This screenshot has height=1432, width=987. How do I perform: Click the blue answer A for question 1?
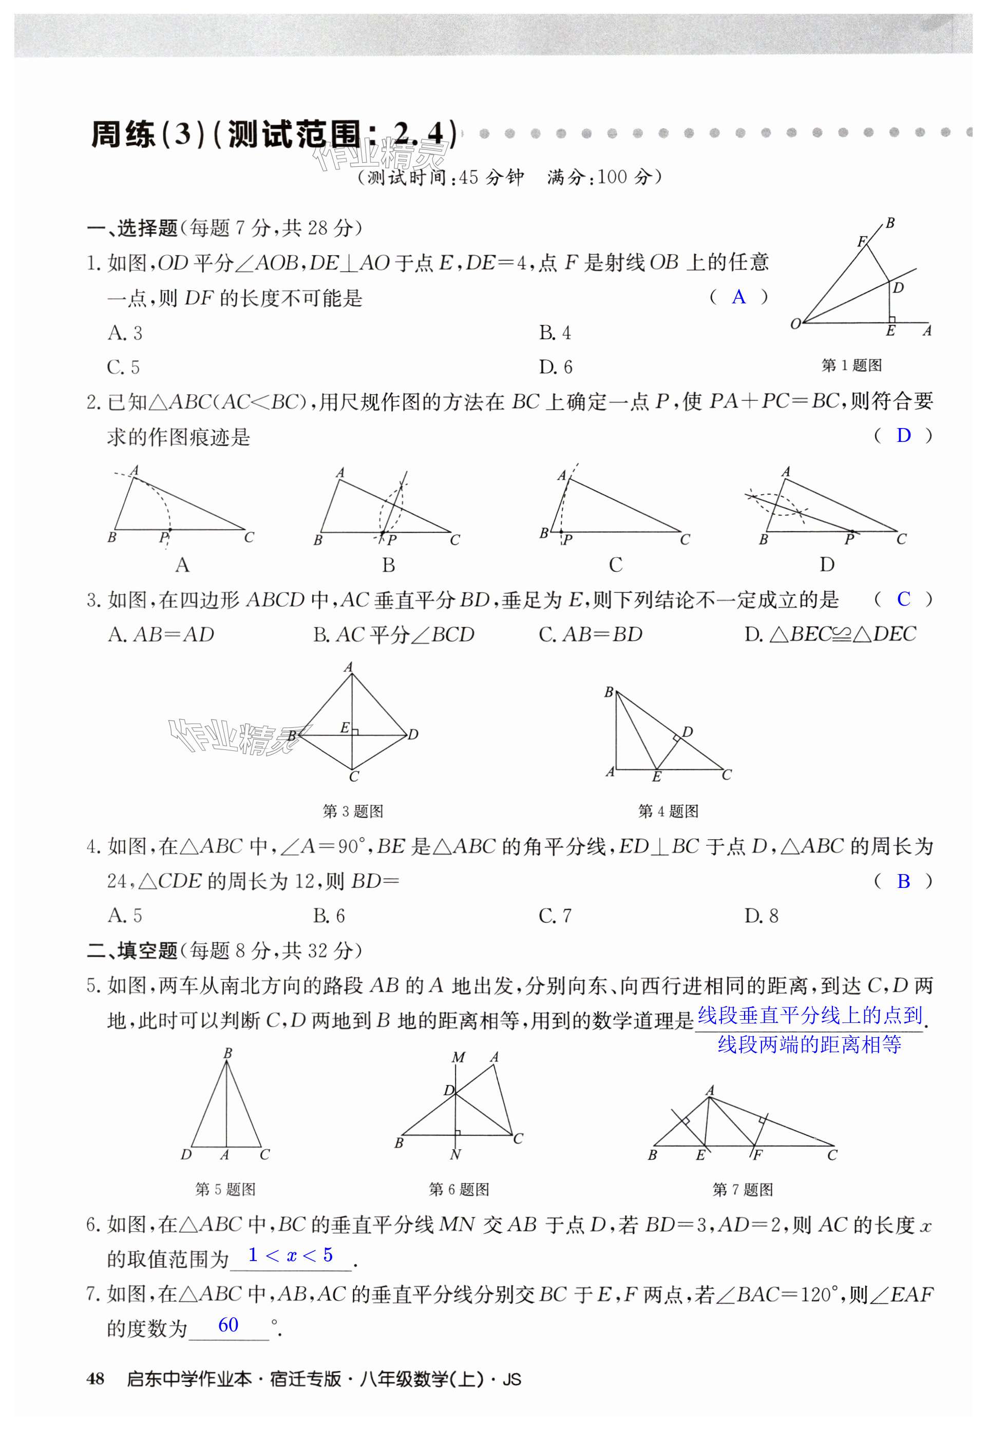click(738, 297)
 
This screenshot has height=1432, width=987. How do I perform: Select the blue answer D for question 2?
click(903, 436)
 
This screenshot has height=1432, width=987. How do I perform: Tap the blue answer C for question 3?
click(903, 599)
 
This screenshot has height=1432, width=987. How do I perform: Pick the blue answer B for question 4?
click(903, 881)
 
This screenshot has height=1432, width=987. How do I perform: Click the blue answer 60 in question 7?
click(228, 1324)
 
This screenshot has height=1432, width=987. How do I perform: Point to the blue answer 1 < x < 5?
click(290, 1254)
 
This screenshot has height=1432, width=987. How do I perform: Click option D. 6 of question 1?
click(555, 367)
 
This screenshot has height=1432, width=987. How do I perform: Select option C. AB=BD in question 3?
click(591, 634)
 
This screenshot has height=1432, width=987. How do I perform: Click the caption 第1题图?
click(851, 365)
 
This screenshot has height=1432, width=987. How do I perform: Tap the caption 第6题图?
click(459, 1189)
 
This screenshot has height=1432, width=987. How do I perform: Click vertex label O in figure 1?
click(795, 323)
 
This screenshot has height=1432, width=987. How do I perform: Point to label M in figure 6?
click(458, 1057)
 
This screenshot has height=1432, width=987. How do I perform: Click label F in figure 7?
click(757, 1154)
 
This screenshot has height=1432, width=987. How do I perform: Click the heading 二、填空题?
click(132, 951)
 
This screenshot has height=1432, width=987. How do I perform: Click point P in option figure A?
click(169, 530)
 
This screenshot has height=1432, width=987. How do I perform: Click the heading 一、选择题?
click(132, 229)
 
